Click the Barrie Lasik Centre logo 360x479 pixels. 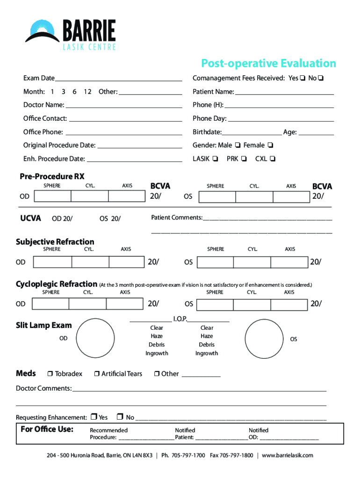(70, 34)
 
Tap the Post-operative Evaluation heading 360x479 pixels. (268, 63)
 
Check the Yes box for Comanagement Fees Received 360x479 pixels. (302, 78)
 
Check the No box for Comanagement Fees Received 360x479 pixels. (321, 78)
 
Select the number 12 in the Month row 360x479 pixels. (87, 92)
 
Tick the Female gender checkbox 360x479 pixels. (270, 145)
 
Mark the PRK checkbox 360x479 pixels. (244, 159)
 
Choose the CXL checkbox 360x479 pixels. (273, 159)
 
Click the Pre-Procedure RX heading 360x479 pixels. (52, 176)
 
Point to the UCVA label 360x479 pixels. (30, 218)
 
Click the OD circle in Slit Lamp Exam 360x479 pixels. (95, 338)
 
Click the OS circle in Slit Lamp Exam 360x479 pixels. (264, 338)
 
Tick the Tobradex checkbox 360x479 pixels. (50, 374)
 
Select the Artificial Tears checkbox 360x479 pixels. (97, 374)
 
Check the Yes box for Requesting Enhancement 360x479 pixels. (94, 417)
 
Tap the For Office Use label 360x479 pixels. (47, 429)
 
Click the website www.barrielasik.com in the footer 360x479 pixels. (288, 455)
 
